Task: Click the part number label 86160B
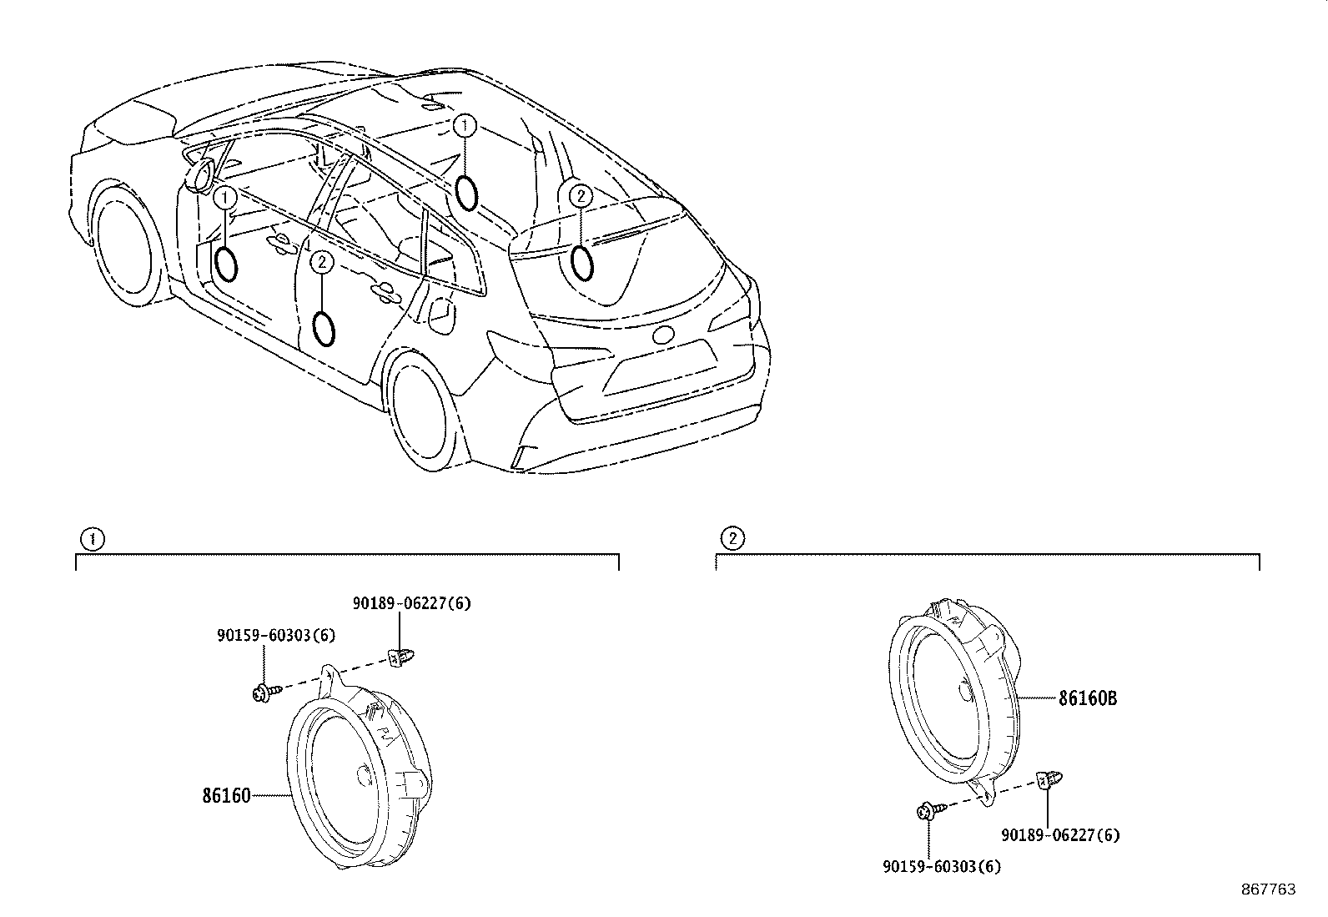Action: tap(1087, 698)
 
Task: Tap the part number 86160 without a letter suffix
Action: tap(226, 795)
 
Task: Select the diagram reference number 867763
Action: tap(1269, 889)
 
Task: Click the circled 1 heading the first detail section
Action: tap(93, 539)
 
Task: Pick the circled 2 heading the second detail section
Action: tap(732, 538)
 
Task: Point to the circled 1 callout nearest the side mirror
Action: tap(224, 197)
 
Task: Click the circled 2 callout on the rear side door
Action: tap(322, 261)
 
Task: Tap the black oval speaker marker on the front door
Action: tap(225, 264)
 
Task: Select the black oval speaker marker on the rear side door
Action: tap(324, 329)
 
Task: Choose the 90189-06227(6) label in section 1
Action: tap(411, 603)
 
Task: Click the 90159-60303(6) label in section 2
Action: tap(942, 867)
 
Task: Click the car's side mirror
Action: tap(200, 174)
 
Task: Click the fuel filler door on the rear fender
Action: tap(442, 314)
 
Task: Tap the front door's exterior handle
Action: tap(279, 242)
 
